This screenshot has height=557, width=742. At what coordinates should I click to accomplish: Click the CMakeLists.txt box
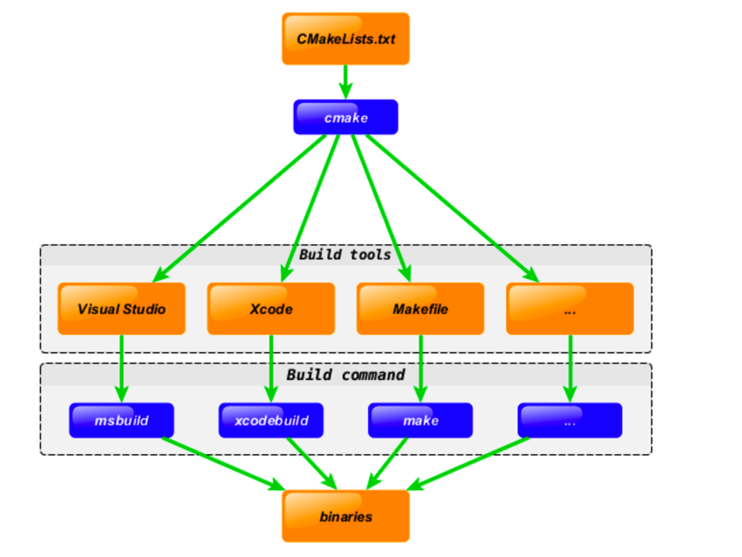[345, 39]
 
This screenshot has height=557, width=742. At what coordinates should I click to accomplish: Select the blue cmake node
[345, 118]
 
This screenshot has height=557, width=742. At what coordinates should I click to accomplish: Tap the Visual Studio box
[121, 309]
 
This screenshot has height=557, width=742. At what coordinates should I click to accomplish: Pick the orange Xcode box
[270, 309]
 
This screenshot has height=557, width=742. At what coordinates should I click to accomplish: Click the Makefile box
[420, 309]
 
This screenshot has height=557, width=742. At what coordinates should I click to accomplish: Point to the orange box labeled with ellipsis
[569, 309]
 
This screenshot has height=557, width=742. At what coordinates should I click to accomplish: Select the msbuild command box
[121, 420]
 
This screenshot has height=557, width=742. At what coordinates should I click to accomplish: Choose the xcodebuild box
[270, 420]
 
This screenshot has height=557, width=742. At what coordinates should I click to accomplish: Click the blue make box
[420, 420]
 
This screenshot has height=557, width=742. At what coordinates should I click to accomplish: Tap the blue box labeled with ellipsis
[569, 420]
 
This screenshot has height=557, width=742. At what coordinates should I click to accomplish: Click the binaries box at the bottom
[345, 516]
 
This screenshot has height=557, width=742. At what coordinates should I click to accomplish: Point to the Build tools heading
[345, 255]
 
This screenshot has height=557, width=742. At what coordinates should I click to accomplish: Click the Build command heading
[345, 375]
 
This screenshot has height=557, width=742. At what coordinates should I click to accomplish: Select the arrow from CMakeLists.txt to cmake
[345, 82]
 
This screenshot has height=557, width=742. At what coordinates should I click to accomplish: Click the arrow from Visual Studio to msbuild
[121, 366]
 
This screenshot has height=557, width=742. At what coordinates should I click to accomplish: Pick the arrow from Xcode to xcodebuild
[271, 366]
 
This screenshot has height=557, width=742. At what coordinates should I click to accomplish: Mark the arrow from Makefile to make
[421, 366]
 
